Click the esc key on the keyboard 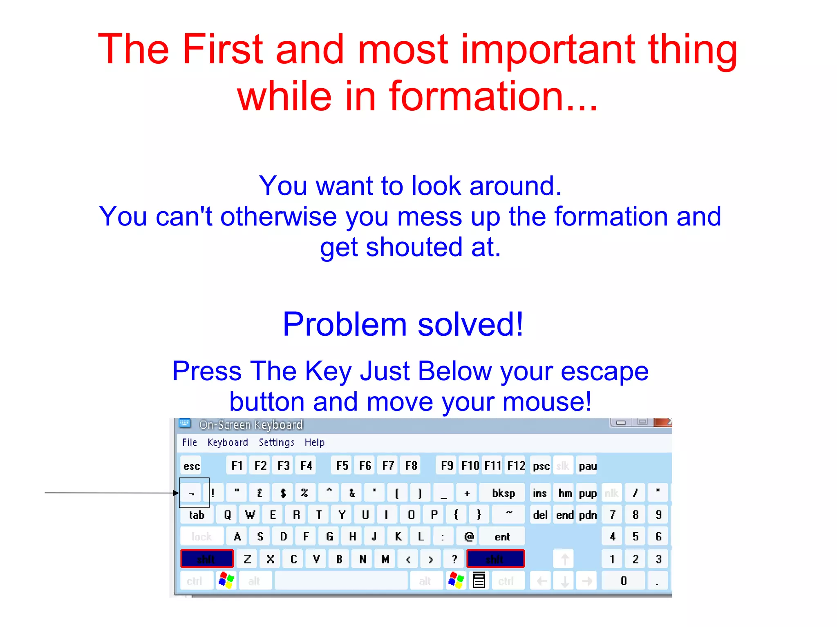[191, 466]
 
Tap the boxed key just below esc [191, 493]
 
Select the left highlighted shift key [207, 559]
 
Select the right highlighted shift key [495, 559]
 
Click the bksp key [503, 493]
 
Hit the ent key [502, 537]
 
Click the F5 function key [342, 466]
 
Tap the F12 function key [516, 466]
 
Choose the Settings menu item [276, 442]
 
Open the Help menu [314, 442]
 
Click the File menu [189, 442]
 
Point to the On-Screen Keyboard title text [251, 425]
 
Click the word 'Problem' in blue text [345, 324]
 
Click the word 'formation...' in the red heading [492, 96]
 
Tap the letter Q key [227, 515]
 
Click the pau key [587, 466]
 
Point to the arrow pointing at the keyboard [110, 493]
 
